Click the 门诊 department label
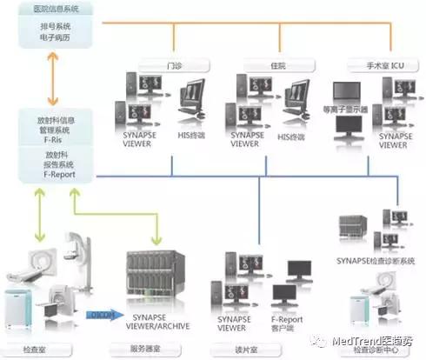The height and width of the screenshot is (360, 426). [174, 64]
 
